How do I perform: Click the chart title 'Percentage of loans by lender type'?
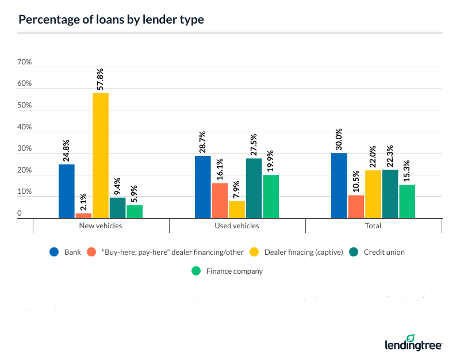pos(111,20)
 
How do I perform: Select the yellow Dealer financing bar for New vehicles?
pos(101,155)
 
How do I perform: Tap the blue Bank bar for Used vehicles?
pos(203,187)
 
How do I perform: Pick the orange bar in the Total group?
pos(356,206)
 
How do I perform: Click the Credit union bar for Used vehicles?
pos(254,188)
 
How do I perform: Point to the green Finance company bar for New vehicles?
pos(135,212)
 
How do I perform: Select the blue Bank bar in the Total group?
pos(339,185)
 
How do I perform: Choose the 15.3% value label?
pos(407,170)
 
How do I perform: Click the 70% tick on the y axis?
pos(25,62)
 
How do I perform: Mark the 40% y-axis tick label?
pos(25,127)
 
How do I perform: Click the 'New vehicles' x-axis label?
pos(101,226)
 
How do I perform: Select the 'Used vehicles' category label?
pos(237,226)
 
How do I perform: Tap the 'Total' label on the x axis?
pos(373,226)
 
